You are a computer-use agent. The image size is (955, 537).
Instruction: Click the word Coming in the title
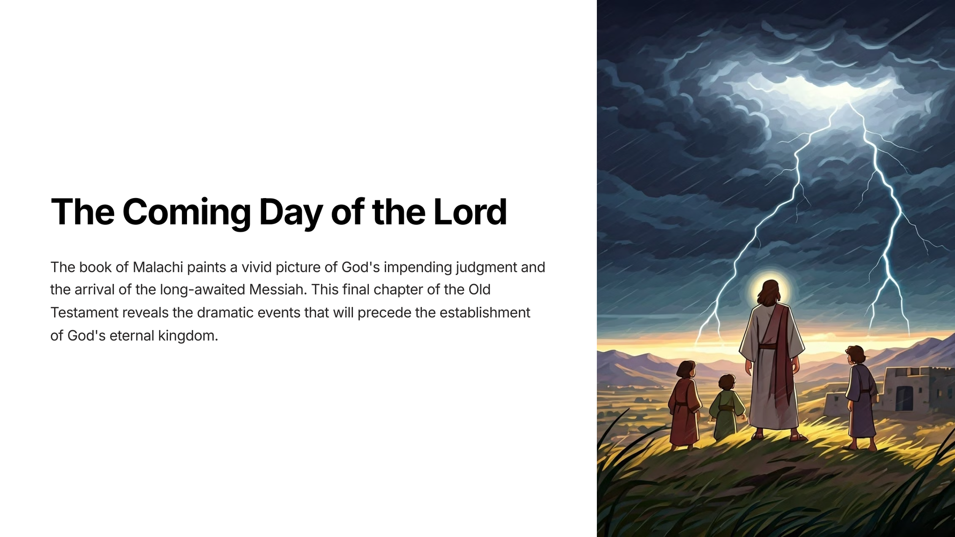pyautogui.click(x=187, y=213)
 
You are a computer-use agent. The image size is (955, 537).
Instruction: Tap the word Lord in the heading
pyautogui.click(x=470, y=212)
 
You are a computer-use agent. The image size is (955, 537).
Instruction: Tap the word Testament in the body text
pyautogui.click(x=84, y=312)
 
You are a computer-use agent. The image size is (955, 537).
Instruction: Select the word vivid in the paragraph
pyautogui.click(x=256, y=267)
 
